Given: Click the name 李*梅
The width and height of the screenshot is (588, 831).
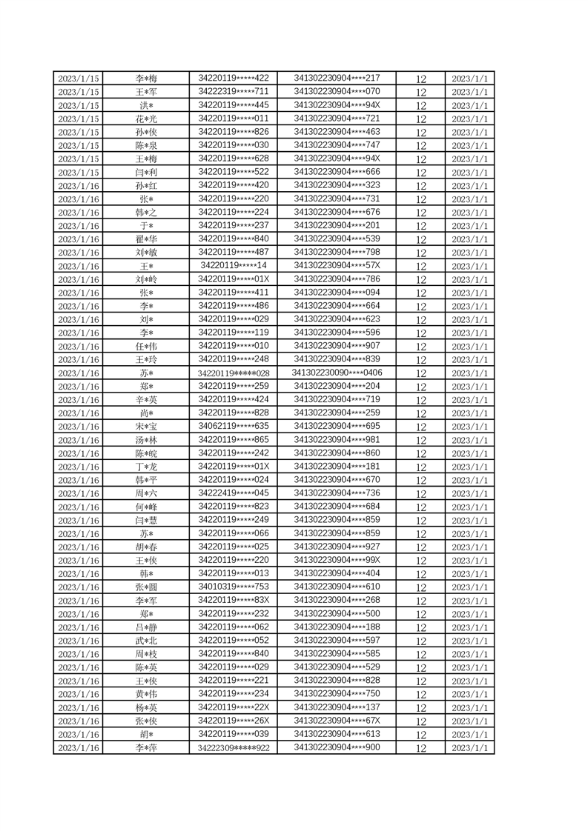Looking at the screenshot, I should coord(146,79).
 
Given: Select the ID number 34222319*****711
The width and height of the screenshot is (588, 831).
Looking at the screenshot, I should coord(233,92).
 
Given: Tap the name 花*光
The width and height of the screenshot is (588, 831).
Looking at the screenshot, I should coord(146,119).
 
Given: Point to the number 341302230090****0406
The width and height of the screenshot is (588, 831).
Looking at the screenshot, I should coord(337,373).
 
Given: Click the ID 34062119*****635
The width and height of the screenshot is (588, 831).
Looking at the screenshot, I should coord(233,426).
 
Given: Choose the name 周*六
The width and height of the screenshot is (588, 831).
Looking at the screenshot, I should coord(146,493).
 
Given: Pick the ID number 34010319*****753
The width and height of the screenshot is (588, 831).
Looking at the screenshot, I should coord(233,587).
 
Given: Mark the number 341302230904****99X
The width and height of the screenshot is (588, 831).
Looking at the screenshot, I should coord(337,560).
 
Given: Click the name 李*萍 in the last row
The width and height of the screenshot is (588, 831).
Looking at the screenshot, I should coord(146,748).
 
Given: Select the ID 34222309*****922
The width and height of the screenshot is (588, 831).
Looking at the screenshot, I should coord(233,748).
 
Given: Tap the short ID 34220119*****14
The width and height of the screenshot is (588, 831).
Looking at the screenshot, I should coord(233,266).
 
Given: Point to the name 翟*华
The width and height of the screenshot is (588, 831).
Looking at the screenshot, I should coord(146,239).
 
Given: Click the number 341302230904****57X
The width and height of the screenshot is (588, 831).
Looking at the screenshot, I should coord(337,266).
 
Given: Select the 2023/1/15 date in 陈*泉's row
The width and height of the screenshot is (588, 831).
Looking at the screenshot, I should coord(79,146).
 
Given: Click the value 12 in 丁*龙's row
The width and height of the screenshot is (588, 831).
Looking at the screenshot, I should coord(420,467).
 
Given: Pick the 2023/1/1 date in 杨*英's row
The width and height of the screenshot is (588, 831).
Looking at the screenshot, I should coord(470,707).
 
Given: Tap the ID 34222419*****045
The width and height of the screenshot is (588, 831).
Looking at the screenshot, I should coord(233,493).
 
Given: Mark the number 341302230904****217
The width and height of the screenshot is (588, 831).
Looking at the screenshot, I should coord(337,79).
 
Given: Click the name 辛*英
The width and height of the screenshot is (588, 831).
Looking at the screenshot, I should coord(146,400).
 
